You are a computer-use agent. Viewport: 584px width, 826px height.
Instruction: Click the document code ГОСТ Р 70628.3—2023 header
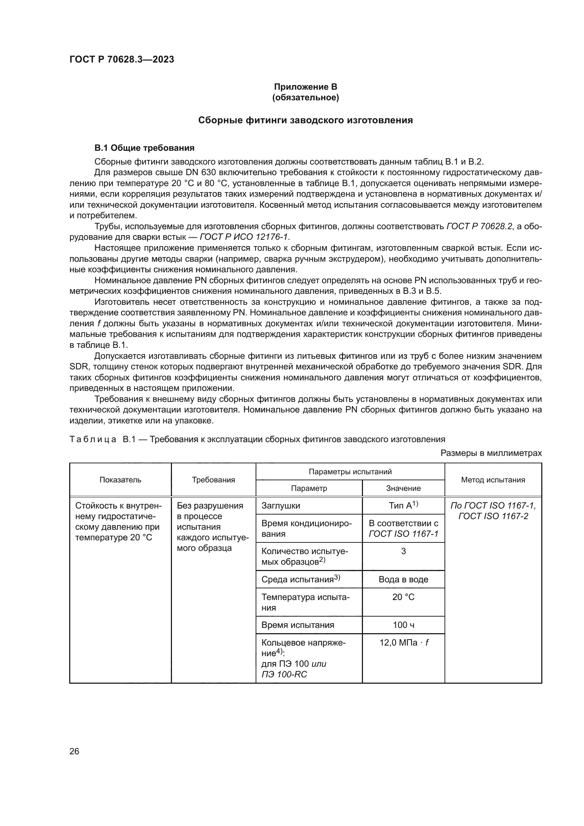pos(121,59)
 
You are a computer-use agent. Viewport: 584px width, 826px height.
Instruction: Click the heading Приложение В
pos(305,87)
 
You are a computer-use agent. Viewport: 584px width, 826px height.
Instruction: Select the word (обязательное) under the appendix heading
pos(305,97)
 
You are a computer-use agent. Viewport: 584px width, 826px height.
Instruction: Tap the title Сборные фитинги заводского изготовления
pos(305,120)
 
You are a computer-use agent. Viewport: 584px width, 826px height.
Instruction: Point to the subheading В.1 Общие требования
pos(144,148)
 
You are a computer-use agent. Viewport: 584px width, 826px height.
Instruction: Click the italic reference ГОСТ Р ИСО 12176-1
pos(244,237)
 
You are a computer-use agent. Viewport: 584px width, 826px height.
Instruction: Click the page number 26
pos(75,751)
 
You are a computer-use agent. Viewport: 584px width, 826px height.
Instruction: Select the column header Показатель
pos(120,480)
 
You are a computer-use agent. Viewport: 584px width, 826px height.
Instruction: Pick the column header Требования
pos(213,480)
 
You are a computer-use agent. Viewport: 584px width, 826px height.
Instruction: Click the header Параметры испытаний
pos(350,472)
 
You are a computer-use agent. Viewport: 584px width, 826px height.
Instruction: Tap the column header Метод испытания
pos(493,480)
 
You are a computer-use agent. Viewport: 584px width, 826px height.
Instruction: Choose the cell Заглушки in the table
pos(280,506)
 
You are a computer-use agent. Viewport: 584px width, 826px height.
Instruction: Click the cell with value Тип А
pos(403,505)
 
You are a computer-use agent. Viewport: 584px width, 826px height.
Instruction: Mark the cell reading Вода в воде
pos(403,580)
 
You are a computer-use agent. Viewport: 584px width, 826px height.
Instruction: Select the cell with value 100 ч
pos(403,625)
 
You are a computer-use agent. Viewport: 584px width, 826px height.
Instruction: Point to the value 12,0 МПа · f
pos(404,642)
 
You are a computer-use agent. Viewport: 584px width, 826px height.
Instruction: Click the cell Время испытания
pos(298,625)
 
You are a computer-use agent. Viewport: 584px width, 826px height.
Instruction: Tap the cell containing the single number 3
pos(403,551)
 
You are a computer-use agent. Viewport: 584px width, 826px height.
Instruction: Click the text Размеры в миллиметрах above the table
pos(491,453)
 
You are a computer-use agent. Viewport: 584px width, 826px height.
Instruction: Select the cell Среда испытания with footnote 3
pos(300,580)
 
